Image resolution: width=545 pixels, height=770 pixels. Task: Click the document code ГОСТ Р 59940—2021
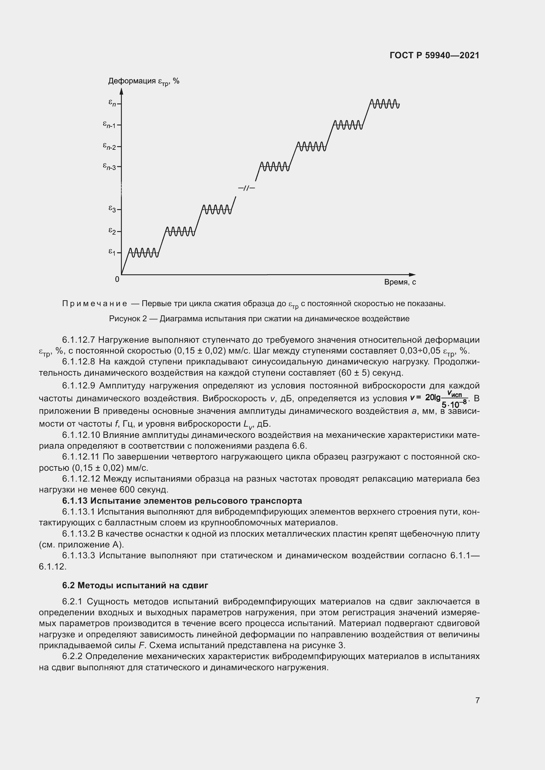pos(434,55)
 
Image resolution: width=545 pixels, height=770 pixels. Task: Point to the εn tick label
pos(112,103)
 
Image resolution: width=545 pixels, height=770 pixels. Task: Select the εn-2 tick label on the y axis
pos(109,146)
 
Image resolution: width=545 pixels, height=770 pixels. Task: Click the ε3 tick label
pos(112,209)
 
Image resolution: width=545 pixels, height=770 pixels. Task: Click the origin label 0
pos(117,279)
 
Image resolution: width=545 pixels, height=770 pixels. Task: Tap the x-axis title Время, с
pos(400,282)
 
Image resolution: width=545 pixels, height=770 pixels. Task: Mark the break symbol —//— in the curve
pos(246,188)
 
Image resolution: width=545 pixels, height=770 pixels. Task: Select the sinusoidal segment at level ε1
pos(144,252)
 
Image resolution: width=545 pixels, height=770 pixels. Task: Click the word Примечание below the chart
pos(95,304)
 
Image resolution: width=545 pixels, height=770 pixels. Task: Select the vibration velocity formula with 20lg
pos(439,399)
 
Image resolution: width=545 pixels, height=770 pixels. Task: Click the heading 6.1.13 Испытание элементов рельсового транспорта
pos(182,501)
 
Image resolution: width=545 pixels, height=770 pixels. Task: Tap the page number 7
pos(477,700)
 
